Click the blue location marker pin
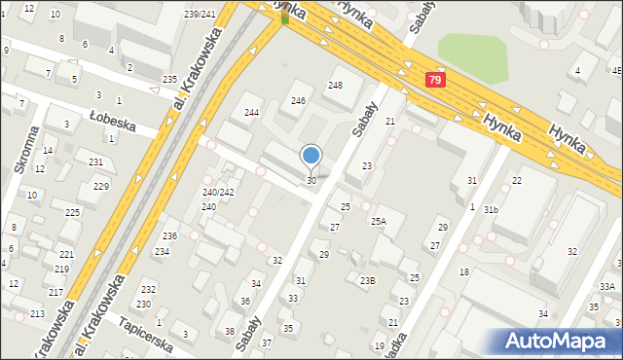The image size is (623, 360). [x=311, y=156]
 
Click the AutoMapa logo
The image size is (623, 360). [x=559, y=341]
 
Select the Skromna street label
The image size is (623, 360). [x=25, y=151]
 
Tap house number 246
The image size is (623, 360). [x=299, y=101]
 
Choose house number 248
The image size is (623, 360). [x=335, y=86]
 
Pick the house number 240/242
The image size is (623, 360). [x=218, y=193]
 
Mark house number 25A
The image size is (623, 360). [x=378, y=222]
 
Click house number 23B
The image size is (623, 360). [x=367, y=281]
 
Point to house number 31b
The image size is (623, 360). [x=491, y=210]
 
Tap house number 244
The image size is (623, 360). [x=251, y=113]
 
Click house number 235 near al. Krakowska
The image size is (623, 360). [x=169, y=79]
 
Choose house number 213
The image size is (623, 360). [x=37, y=313]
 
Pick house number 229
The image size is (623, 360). [x=100, y=186]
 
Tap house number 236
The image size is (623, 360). [x=169, y=236]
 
